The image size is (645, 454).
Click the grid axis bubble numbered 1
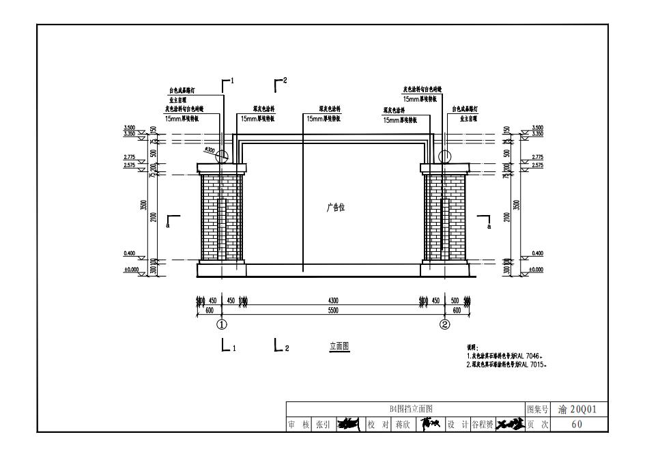pyautogui.click(x=221, y=324)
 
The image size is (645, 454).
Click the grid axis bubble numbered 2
pyautogui.click(x=445, y=324)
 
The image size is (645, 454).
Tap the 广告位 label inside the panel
pyautogui.click(x=335, y=208)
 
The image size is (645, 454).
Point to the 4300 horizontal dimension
pyautogui.click(x=333, y=301)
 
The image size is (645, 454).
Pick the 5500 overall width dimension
pyautogui.click(x=333, y=311)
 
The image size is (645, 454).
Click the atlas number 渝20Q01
pyautogui.click(x=577, y=409)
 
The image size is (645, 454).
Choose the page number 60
pyautogui.click(x=577, y=424)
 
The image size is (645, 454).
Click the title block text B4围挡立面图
pyautogui.click(x=406, y=409)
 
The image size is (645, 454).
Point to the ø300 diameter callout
pyautogui.click(x=208, y=150)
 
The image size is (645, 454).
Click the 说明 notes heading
pyautogui.click(x=472, y=347)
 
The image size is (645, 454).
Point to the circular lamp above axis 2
pyautogui.click(x=445, y=156)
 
